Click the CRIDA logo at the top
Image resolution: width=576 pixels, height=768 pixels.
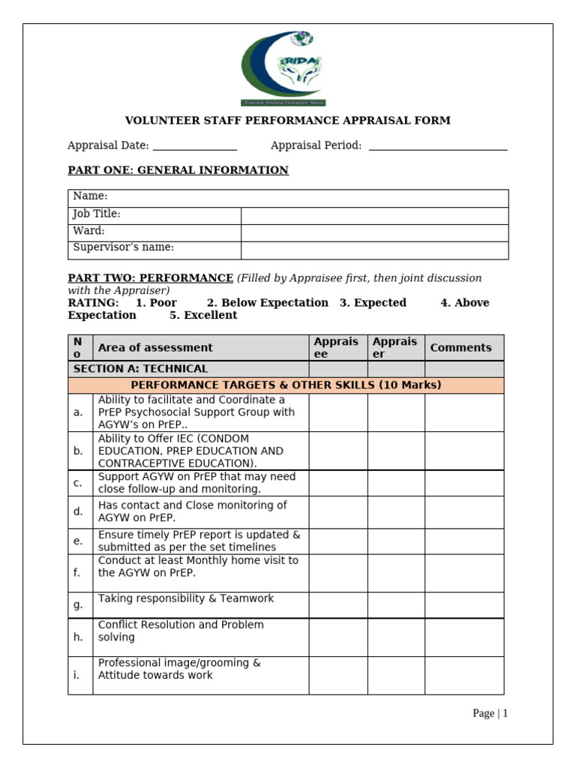[x=283, y=68]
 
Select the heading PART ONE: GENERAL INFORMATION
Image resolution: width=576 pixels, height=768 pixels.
[x=178, y=170]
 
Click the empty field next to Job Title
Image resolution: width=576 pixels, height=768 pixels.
[x=374, y=216]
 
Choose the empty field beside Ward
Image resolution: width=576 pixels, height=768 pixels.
[x=374, y=232]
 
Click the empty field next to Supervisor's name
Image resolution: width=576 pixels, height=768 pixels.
[x=374, y=250]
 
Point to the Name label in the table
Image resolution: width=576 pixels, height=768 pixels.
[x=90, y=196]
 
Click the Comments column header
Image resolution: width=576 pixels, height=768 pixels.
[x=460, y=348]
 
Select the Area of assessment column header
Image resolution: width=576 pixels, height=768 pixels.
[x=155, y=348]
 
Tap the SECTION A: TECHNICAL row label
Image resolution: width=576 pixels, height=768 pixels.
[x=140, y=369]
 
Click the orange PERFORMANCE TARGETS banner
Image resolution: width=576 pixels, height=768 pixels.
[x=286, y=385]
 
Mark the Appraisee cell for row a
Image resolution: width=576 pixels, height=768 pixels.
[x=337, y=412]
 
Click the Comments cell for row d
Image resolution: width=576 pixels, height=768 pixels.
[x=464, y=512]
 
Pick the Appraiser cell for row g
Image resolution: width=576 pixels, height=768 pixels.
[x=396, y=605]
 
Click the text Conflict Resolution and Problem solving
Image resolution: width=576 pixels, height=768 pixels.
[x=180, y=631]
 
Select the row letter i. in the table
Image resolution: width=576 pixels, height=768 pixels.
[x=76, y=675]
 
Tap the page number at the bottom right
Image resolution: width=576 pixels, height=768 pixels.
[x=490, y=713]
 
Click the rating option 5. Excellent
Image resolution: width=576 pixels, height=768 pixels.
[x=202, y=316]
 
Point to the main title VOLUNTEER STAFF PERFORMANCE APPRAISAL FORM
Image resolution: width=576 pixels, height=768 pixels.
[x=287, y=121]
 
